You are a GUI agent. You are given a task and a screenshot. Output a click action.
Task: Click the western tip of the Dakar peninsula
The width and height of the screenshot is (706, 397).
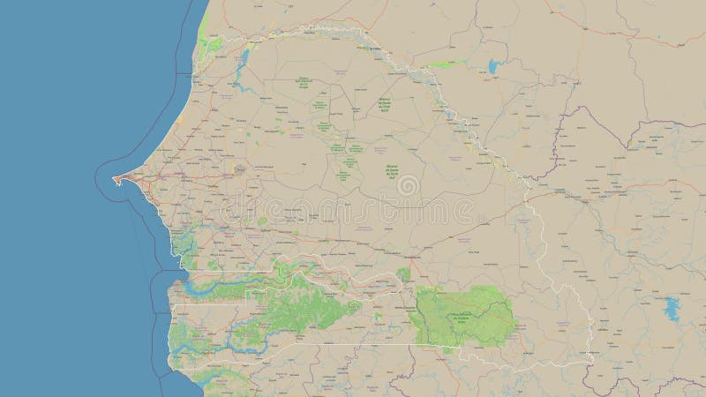tap(114, 179)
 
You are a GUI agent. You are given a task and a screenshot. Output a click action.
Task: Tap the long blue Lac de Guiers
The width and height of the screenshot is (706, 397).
tap(243, 61)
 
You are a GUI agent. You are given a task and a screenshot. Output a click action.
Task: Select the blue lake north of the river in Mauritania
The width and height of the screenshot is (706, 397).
tap(491, 64)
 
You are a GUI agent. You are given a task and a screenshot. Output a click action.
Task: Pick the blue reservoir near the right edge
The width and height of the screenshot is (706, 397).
tap(672, 308)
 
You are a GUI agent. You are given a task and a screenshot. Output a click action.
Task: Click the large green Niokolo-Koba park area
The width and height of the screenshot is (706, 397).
tap(461, 313)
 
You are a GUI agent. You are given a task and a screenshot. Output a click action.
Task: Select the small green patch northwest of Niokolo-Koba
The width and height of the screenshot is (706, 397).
tap(403, 274)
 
